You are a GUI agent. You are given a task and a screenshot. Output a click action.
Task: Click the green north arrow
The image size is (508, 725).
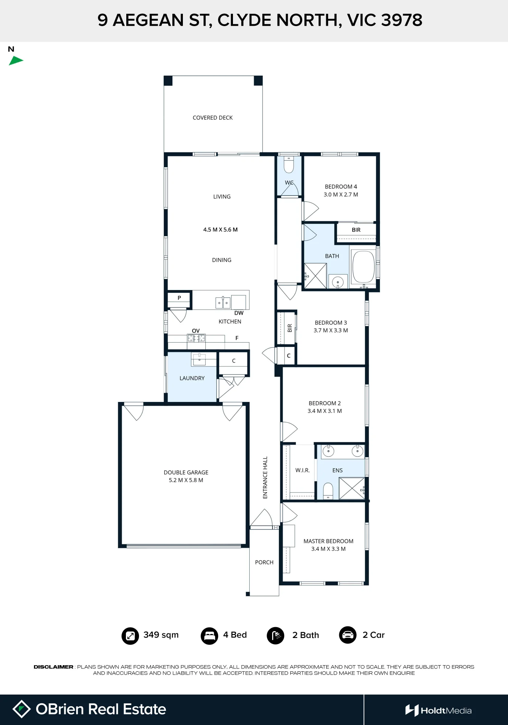click(x=16, y=61)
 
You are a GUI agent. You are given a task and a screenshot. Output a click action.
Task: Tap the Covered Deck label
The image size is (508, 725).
click(x=213, y=118)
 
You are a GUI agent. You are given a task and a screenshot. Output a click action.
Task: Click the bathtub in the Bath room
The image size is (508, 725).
click(x=363, y=267)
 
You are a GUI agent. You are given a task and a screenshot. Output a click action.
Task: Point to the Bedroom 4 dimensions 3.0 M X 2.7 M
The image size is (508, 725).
click(x=341, y=195)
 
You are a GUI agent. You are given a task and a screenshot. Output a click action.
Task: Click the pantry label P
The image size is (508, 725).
click(x=179, y=298)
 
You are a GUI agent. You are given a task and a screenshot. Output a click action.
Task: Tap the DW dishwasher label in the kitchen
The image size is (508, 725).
click(x=239, y=313)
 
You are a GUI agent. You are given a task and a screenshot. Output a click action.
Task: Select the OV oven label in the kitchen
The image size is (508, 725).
click(x=196, y=331)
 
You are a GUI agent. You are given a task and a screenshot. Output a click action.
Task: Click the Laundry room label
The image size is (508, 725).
click(x=192, y=378)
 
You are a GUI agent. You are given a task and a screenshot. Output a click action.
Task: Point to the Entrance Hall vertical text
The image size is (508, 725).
click(x=265, y=477)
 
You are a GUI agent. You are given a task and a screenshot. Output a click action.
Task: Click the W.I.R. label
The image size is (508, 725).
click(x=302, y=471)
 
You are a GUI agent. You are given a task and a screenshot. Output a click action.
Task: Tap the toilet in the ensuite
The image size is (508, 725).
click(x=328, y=491)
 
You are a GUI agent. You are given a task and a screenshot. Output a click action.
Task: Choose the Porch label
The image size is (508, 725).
click(x=264, y=563)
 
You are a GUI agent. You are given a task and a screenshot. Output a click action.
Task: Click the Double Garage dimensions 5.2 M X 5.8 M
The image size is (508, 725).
click(x=186, y=480)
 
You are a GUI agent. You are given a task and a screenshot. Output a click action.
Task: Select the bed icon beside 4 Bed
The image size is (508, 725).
click(x=209, y=636)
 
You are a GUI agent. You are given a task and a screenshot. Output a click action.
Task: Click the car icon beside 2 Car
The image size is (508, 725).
click(x=348, y=635)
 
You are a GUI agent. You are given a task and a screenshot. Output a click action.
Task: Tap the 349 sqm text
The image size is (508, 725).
click(x=161, y=635)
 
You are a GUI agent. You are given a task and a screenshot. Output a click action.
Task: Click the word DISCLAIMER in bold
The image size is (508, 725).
click(x=54, y=667)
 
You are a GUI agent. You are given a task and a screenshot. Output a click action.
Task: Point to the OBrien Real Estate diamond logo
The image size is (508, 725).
click(x=21, y=709)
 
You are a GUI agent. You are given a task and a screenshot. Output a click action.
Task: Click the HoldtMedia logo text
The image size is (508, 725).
click(x=446, y=711)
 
